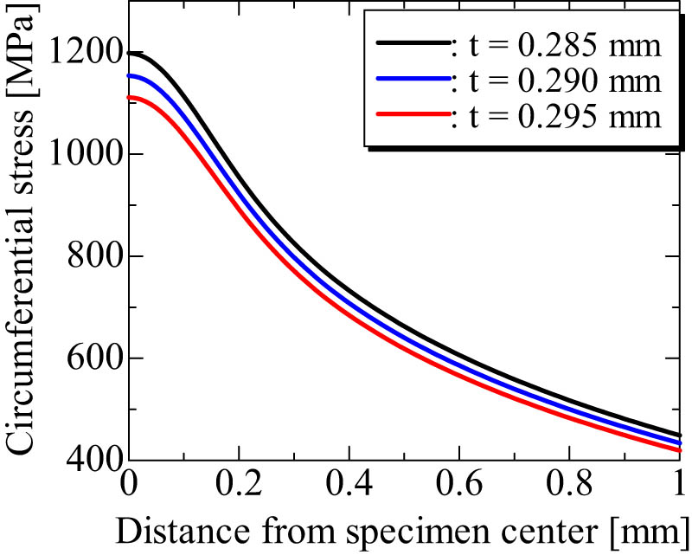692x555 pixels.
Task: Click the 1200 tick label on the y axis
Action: pos(84,54)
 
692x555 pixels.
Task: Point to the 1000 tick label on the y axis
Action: pos(84,156)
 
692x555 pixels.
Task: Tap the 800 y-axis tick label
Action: pos(93,258)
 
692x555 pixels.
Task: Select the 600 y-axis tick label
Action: pos(93,360)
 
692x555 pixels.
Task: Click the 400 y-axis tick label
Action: pos(93,461)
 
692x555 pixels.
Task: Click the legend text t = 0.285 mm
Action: pos(563,45)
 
